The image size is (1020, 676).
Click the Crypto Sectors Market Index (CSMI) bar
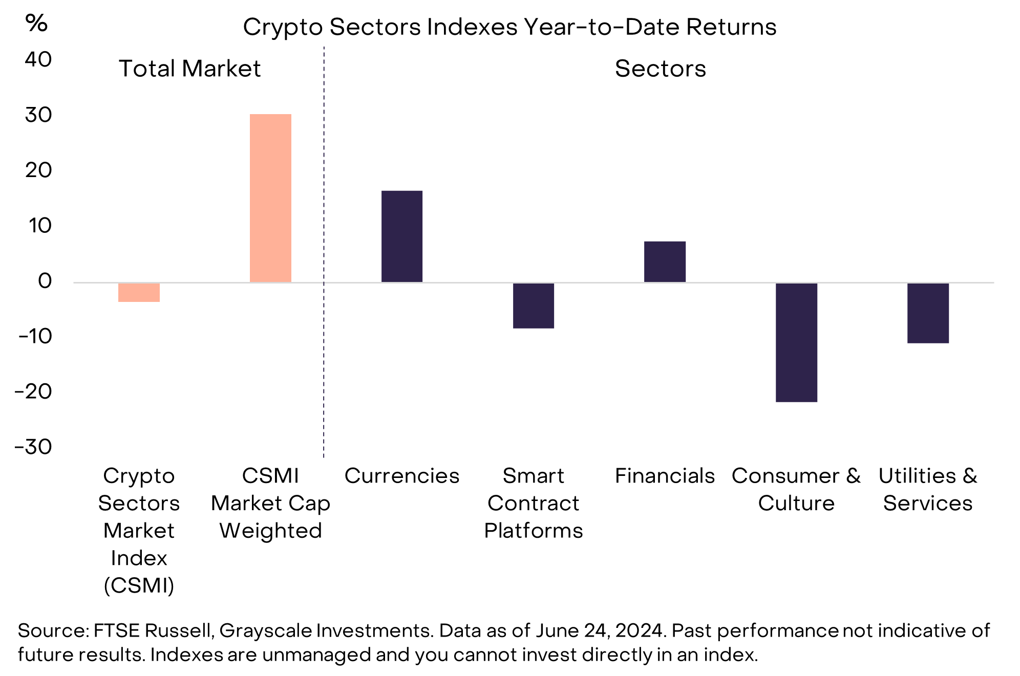(x=139, y=292)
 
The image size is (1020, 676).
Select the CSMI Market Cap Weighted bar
(x=270, y=198)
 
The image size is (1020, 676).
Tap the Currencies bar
(x=402, y=236)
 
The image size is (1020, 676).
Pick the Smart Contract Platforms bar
(x=534, y=306)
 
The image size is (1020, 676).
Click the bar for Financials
(x=665, y=261)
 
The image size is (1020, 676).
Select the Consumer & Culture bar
(x=796, y=342)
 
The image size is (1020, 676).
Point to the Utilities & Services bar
(x=928, y=313)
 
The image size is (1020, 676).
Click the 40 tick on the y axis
(x=38, y=59)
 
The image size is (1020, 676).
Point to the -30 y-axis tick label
(x=34, y=447)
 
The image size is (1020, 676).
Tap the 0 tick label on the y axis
(x=45, y=281)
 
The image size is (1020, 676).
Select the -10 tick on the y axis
(x=35, y=336)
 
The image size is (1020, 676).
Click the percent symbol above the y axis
(x=36, y=23)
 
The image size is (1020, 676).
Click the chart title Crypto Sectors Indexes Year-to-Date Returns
(x=509, y=27)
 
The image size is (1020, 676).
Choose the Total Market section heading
(x=189, y=69)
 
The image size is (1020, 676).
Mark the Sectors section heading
(x=660, y=69)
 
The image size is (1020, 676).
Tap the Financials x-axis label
(x=665, y=476)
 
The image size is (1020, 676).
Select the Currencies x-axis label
(x=402, y=476)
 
